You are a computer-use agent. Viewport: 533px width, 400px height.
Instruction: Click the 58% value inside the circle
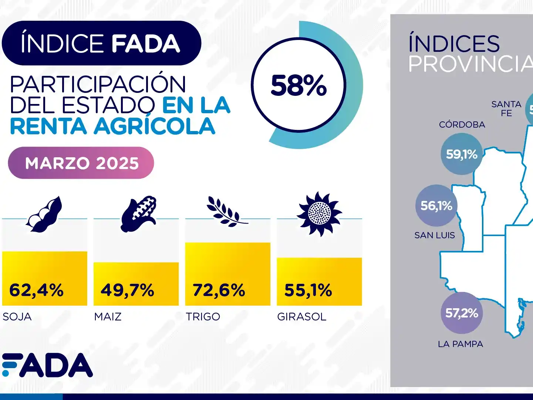[298, 85]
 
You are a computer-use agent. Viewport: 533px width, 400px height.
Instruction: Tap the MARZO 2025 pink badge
[81, 163]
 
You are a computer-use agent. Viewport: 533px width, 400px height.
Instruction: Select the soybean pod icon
[44, 214]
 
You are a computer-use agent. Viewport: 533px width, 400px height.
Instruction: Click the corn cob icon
[139, 214]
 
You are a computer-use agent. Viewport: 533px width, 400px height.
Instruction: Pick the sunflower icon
[319, 214]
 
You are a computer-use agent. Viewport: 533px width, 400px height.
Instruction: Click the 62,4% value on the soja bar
[36, 290]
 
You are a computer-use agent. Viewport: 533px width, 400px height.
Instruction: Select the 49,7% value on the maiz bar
[128, 290]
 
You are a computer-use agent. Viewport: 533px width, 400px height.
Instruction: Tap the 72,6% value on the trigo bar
[219, 290]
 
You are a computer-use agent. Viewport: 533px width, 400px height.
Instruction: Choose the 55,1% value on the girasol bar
[308, 290]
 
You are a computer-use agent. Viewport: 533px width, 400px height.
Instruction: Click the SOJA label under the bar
[17, 317]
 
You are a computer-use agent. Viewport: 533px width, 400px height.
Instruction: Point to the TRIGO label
[203, 317]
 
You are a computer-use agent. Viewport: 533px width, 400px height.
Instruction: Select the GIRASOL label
[302, 317]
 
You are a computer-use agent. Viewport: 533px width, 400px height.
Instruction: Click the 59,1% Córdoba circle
[462, 154]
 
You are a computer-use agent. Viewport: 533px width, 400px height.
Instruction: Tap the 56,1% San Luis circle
[436, 205]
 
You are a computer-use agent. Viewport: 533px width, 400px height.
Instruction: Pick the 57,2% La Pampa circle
[462, 313]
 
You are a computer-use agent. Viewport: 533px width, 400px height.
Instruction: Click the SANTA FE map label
[506, 108]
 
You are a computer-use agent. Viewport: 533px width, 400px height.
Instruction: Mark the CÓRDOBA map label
[462, 125]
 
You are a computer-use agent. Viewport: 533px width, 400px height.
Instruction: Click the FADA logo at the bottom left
[47, 365]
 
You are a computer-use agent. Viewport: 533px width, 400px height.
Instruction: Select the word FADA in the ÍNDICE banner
[145, 44]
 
